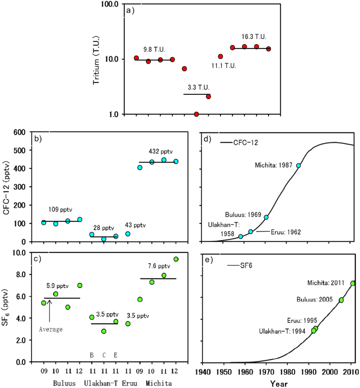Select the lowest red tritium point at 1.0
[196, 114]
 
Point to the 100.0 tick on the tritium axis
[114, 4]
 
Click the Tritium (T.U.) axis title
[96, 59]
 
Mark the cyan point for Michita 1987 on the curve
[299, 166]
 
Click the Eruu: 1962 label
[284, 232]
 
